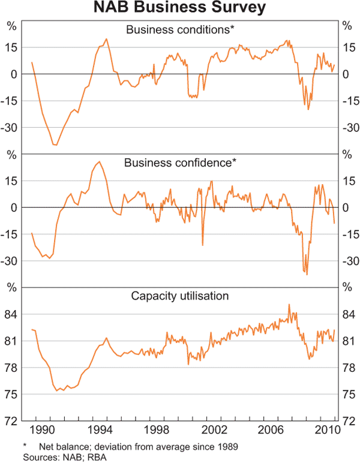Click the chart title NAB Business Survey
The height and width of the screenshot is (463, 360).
(180, 10)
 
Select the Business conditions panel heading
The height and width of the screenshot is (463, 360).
(180, 29)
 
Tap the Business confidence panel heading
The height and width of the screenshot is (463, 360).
(180, 163)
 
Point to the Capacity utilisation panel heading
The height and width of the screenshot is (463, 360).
(180, 296)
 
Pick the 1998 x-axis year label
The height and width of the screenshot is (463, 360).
(156, 431)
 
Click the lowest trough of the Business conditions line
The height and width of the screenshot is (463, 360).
(55, 145)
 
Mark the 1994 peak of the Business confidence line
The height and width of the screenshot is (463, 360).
(99, 161)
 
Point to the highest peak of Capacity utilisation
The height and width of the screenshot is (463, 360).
(289, 304)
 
